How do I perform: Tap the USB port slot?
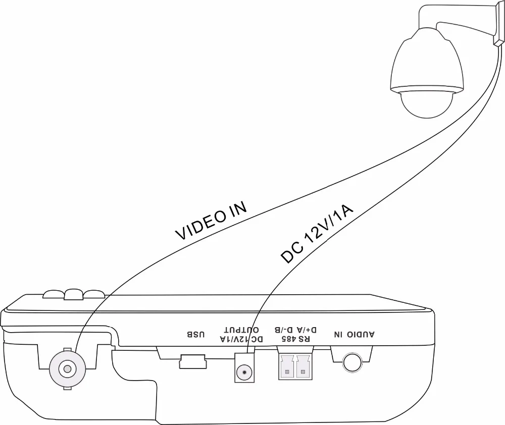point(192,362)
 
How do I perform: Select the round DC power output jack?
point(245,373)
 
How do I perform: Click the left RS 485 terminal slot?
point(287,366)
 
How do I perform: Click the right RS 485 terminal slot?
point(303,366)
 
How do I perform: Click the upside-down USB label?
point(196,334)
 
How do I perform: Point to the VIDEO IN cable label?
point(211,221)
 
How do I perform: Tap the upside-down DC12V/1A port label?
point(241,339)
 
